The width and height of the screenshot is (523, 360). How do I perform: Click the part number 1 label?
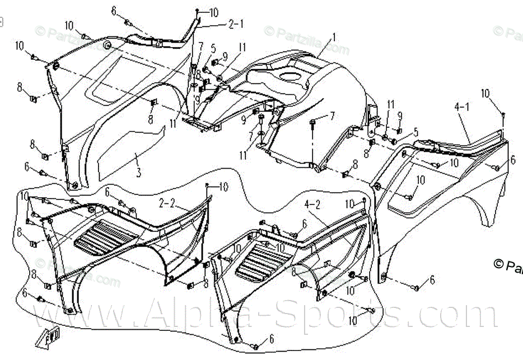click(334, 37)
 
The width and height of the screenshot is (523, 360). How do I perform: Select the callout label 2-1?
click(236, 24)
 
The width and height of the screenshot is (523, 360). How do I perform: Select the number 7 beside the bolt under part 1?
click(331, 116)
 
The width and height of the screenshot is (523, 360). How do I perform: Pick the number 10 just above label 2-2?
click(223, 186)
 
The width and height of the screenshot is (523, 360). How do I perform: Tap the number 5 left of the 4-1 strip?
click(415, 132)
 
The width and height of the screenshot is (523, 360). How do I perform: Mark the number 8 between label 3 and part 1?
click(151, 119)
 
